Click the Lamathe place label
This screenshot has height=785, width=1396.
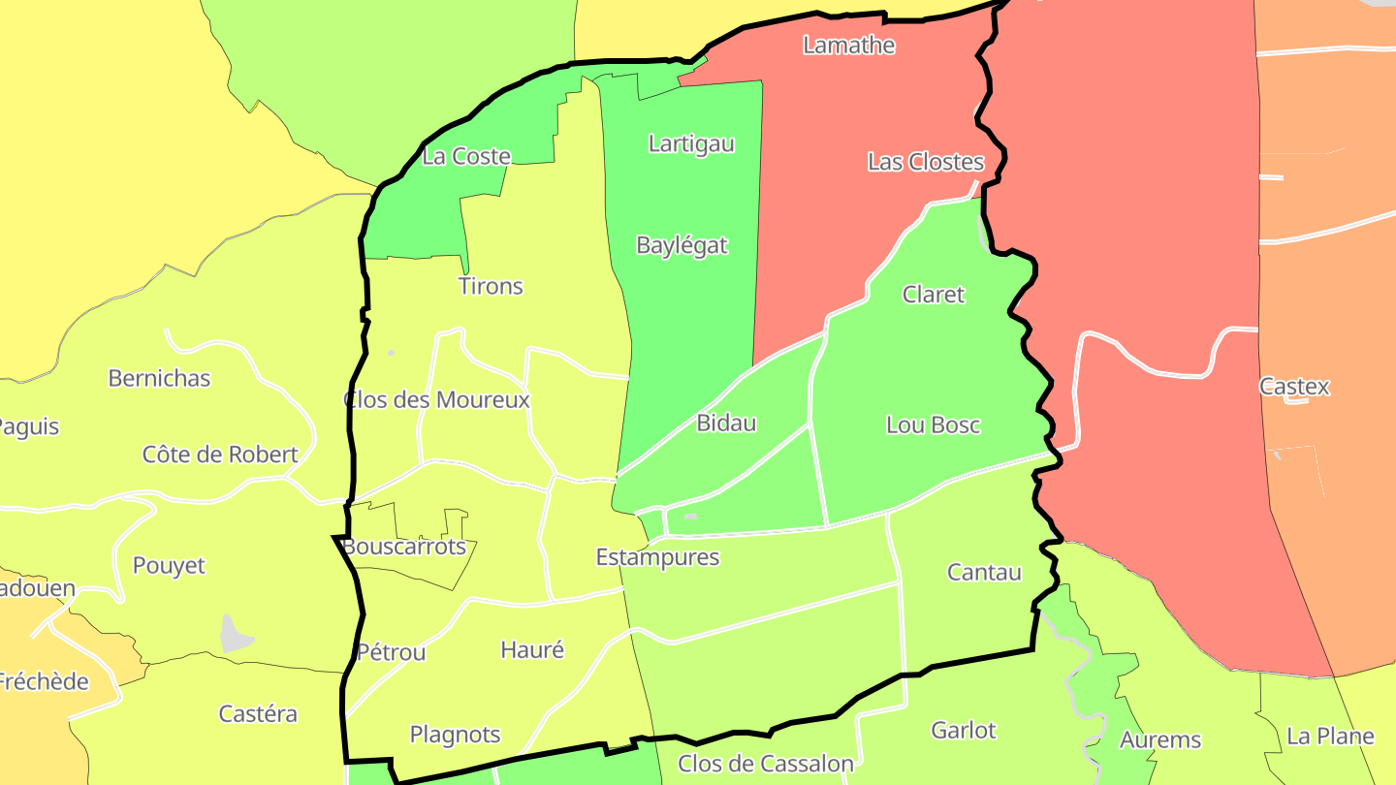click(848, 46)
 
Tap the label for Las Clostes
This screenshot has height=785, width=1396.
click(926, 162)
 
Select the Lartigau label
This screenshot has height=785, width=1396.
click(691, 144)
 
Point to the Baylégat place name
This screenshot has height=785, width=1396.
click(682, 245)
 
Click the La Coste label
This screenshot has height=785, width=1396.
click(466, 156)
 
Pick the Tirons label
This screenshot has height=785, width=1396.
click(491, 286)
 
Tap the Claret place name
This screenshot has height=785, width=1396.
click(934, 295)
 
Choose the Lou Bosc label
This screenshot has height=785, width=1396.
click(934, 424)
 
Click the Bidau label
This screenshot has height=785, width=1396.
click(726, 423)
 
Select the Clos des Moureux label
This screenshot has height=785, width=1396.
click(436, 399)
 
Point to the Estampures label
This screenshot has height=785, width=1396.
click(657, 557)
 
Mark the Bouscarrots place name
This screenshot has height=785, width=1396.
click(404, 547)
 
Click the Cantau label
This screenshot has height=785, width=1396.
click(984, 572)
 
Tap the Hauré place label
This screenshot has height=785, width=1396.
click(532, 649)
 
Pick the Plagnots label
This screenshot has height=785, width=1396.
click(455, 735)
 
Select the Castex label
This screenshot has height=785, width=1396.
click(1294, 387)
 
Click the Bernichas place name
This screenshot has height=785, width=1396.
click(159, 378)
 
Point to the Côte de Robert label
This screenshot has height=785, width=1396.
click(220, 455)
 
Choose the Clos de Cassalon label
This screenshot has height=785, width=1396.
click(766, 764)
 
